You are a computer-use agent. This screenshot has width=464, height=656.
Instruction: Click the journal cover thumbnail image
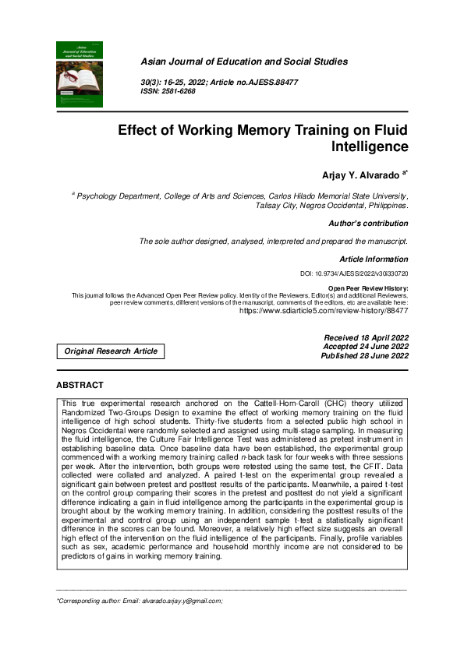[x=80, y=74]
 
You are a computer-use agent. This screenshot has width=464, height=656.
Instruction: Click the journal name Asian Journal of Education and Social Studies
[x=243, y=62]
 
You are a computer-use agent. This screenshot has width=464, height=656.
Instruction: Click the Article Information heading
[x=374, y=259]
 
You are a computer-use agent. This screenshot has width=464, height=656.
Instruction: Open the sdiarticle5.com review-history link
[x=323, y=310]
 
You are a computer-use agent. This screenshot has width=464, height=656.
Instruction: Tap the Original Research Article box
[x=111, y=351]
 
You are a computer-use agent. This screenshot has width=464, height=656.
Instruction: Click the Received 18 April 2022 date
[x=366, y=337]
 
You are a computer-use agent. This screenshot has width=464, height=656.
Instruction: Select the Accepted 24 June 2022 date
[x=366, y=346]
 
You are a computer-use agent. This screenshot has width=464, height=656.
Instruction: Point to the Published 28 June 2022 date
[x=364, y=356]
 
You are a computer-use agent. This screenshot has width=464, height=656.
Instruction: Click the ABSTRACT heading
[x=80, y=386]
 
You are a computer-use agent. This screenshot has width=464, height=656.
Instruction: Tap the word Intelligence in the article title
[x=369, y=146]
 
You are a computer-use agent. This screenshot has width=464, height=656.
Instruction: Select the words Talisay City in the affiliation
[x=277, y=206]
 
